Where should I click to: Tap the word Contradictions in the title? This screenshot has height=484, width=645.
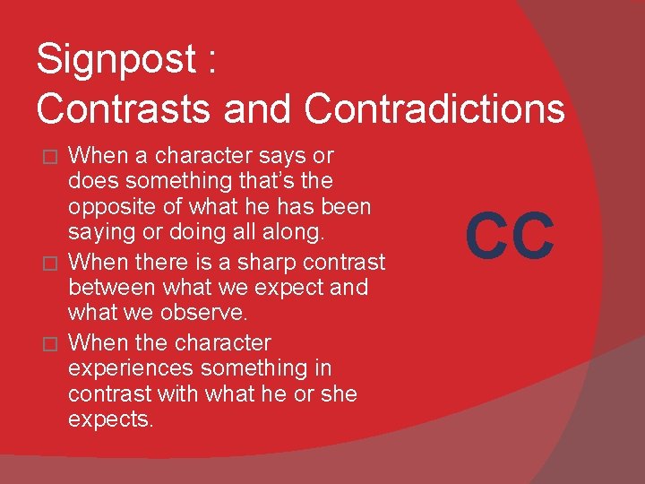pyautogui.click(x=434, y=108)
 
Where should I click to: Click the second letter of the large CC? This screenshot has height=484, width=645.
pyautogui.click(x=535, y=236)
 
